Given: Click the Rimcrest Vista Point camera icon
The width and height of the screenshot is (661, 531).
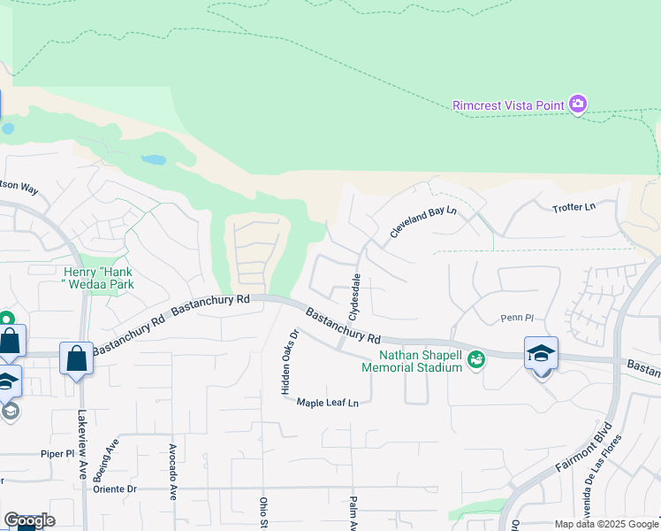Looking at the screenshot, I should click(578, 104).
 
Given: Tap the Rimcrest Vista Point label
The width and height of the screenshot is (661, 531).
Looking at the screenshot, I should click(508, 105).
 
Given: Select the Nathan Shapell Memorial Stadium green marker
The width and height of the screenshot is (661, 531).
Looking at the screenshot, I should click(477, 358).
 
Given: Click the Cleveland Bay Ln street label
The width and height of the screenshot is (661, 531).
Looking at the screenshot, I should click(423, 222).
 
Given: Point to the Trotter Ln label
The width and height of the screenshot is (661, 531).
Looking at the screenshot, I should click(574, 207).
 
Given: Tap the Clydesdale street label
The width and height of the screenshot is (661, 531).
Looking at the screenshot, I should click(356, 296).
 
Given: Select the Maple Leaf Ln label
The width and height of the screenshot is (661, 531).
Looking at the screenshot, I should click(327, 403).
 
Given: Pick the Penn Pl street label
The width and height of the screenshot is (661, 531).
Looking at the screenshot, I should click(517, 317).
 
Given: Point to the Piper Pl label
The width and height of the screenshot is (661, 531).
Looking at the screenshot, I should click(58, 453).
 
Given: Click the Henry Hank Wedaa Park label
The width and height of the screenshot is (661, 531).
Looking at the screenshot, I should click(98, 278).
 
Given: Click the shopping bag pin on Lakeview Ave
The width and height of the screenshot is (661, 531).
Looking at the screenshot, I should click(76, 358).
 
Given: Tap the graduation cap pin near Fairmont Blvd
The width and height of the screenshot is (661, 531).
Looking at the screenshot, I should click(541, 353).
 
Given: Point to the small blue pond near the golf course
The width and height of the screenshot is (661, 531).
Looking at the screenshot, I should click(154, 160).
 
